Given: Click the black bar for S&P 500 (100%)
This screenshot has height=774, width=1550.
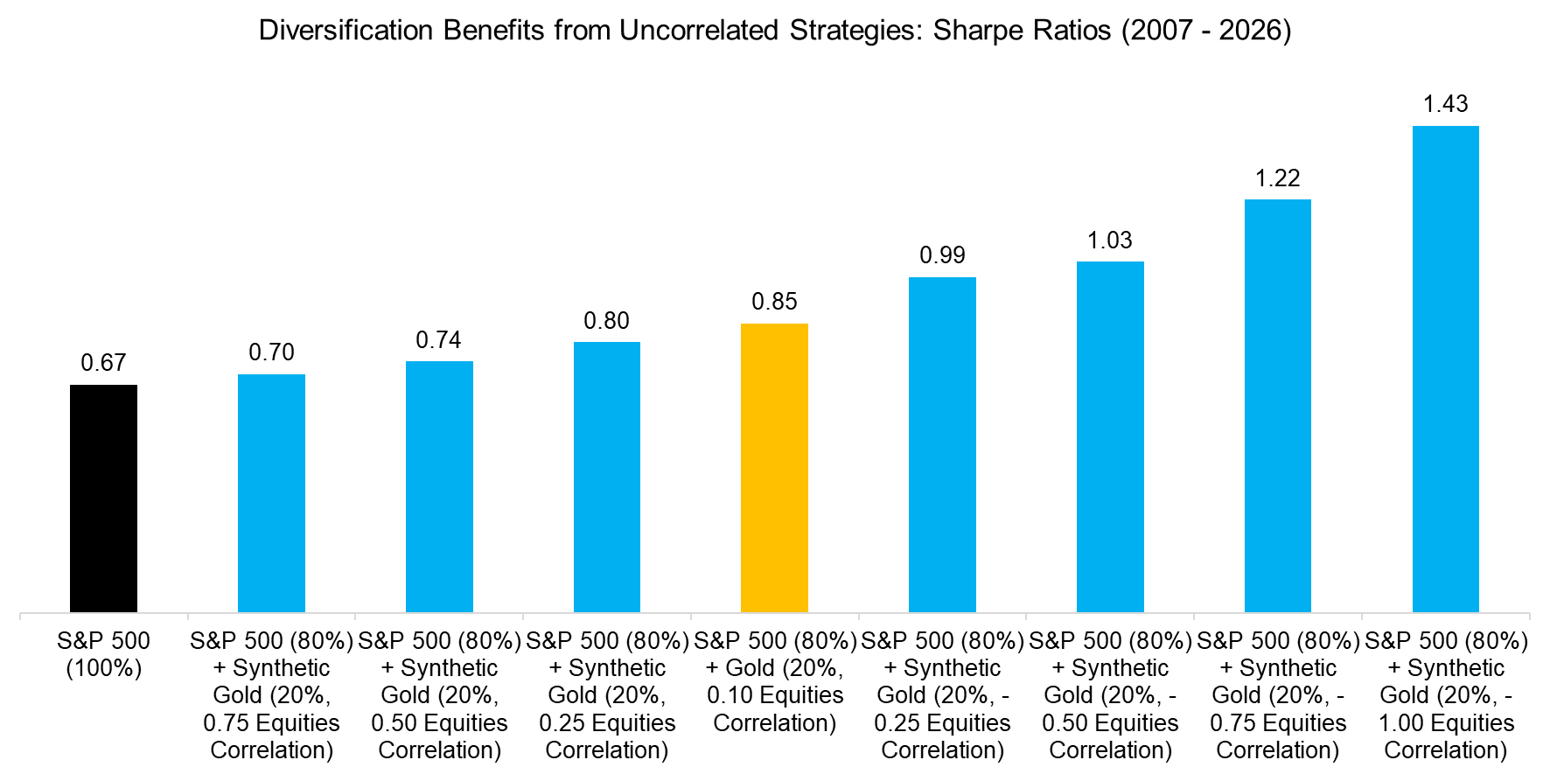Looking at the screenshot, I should point(103,499).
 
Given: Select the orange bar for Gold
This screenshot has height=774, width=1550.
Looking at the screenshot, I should point(774,468).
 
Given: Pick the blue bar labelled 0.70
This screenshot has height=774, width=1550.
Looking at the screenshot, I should point(271,493).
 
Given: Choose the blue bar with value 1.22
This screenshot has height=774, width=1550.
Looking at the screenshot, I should point(1277,406).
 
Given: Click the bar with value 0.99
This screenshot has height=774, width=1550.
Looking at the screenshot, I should point(942,444).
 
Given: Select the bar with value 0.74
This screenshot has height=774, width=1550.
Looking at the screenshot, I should point(439,486).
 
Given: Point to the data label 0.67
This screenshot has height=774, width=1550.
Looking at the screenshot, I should point(103,363).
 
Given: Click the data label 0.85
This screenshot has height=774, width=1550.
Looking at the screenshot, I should point(774,302).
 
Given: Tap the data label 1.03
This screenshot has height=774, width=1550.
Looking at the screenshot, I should point(1109,241).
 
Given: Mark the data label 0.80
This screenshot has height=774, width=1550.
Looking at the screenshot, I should point(606,321).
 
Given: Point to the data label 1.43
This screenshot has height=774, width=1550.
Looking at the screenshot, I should point(1445,104).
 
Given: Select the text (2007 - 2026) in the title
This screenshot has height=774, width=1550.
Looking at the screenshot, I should point(1205,31).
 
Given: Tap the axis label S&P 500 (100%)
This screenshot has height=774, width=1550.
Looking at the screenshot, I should point(103,654).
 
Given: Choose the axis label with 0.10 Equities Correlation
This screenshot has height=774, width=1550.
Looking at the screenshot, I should point(774,682).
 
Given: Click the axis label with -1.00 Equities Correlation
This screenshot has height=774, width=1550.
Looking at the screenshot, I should point(1445,695).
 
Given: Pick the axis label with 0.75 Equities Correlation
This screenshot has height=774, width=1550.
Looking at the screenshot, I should point(271,695).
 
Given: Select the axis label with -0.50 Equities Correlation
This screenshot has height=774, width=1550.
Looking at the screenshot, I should point(1109,695).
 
